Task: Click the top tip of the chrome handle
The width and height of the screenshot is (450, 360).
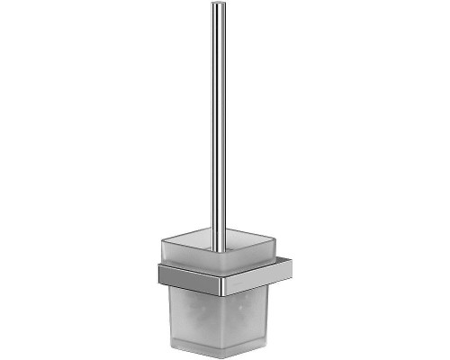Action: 218,5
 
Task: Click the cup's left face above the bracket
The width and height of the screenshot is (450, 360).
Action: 184,256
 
